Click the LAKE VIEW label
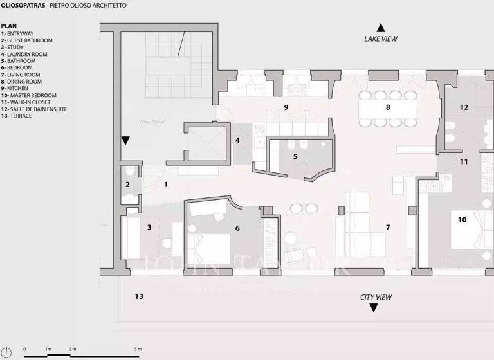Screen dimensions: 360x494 (381, 39)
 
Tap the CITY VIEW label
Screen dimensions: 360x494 (376, 297)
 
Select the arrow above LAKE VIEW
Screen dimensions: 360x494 (381, 28)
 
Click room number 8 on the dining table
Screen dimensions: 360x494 (388, 107)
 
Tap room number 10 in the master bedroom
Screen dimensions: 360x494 (462, 219)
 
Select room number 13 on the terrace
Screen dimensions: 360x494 (138, 296)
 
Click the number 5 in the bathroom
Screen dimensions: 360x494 (295, 156)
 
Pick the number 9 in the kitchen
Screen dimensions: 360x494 (286, 106)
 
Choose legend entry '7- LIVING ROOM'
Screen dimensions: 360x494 (21, 75)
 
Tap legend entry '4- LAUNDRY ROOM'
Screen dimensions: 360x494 (24, 54)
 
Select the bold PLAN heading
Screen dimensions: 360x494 (8, 26)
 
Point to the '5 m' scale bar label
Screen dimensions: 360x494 (137, 348)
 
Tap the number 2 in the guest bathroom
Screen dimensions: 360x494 (127, 185)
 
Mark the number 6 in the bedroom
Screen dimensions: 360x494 (237, 228)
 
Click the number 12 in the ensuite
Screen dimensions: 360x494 (464, 107)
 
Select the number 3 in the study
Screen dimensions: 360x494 (149, 227)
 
